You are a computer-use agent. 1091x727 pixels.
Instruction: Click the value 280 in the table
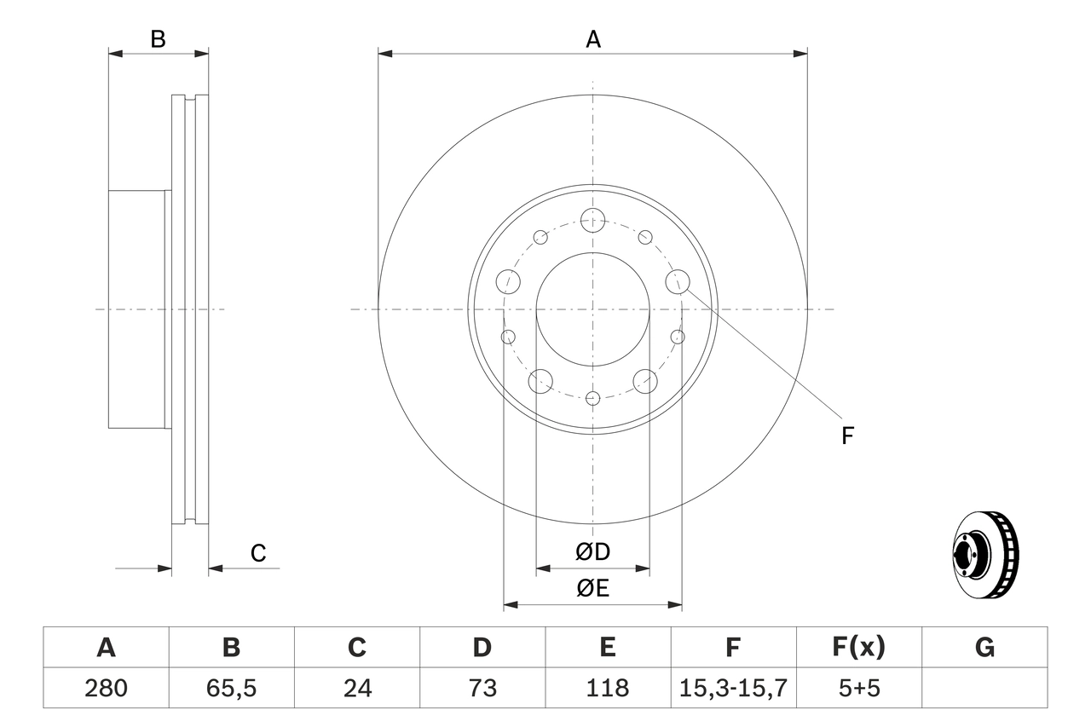pyautogui.click(x=106, y=688)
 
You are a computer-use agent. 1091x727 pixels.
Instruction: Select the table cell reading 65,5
pyautogui.click(x=231, y=688)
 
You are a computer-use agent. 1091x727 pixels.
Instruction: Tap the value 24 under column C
pyautogui.click(x=356, y=688)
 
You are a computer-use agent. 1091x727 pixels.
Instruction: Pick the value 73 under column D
pyautogui.click(x=482, y=688)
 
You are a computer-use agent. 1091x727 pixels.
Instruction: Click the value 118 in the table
pyautogui.click(x=607, y=688)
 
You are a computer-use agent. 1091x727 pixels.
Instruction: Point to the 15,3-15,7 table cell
pyautogui.click(x=732, y=688)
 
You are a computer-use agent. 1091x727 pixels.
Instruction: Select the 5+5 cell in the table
pyautogui.click(x=858, y=688)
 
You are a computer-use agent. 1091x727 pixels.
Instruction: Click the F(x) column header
pyautogui.click(x=858, y=648)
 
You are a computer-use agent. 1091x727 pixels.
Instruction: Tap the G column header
pyautogui.click(x=984, y=648)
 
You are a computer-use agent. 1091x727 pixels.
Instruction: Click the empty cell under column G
pyautogui.click(x=984, y=688)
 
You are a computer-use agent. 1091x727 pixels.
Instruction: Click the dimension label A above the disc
pyautogui.click(x=592, y=39)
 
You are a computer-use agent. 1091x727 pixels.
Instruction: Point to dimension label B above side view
pyautogui.click(x=158, y=39)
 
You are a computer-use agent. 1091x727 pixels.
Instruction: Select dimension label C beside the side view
pyautogui.click(x=258, y=553)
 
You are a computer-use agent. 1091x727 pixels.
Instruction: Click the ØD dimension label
pyautogui.click(x=593, y=552)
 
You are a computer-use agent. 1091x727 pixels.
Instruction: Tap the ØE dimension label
pyautogui.click(x=593, y=589)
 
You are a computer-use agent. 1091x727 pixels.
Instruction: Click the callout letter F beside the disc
pyautogui.click(x=847, y=436)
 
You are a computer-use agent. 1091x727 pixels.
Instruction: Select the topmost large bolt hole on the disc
pyautogui.click(x=592, y=220)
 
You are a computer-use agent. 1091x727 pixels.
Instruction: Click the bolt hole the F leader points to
pyautogui.click(x=678, y=280)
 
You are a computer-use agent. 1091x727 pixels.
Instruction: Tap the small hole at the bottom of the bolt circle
pyautogui.click(x=593, y=398)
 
